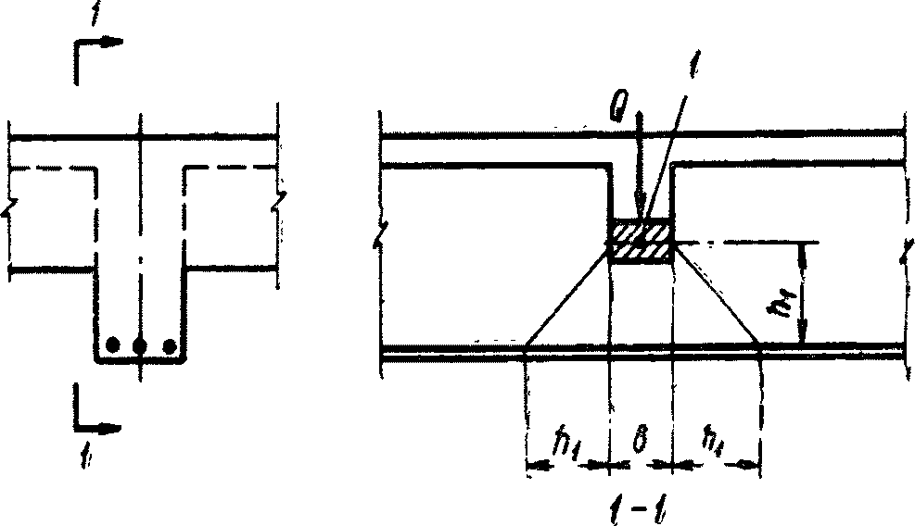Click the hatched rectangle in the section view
coord(641,240)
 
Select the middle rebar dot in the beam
coord(140,346)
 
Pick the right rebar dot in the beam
coord(169,346)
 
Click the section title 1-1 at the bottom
coord(640,507)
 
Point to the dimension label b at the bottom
coord(639,442)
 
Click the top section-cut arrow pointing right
coord(109,43)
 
